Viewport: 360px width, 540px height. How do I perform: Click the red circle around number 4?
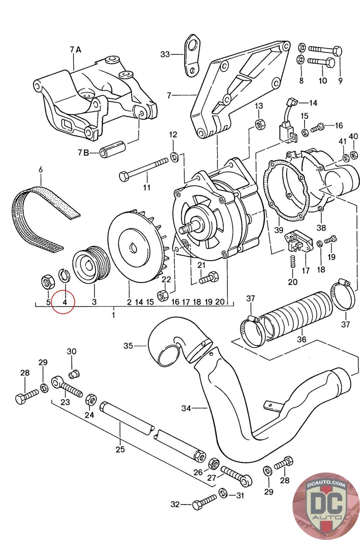click(63, 302)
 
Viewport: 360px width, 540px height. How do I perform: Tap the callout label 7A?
click(76, 50)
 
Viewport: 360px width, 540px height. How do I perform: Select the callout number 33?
click(165, 54)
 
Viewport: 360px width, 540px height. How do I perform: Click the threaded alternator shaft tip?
click(186, 228)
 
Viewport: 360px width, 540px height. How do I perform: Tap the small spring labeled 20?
click(293, 261)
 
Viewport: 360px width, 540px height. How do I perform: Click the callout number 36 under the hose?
click(301, 339)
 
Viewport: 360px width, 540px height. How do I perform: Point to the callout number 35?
click(128, 346)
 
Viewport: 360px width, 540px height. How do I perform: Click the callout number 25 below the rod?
click(120, 449)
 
